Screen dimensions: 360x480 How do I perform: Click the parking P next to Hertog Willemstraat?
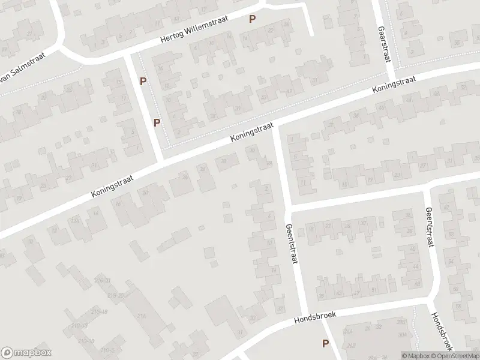click(253, 19)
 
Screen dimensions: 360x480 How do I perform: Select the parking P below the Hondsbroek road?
click(325, 344)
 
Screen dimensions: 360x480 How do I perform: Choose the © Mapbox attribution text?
click(415, 356)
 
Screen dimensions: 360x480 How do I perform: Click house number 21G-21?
click(102, 281)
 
